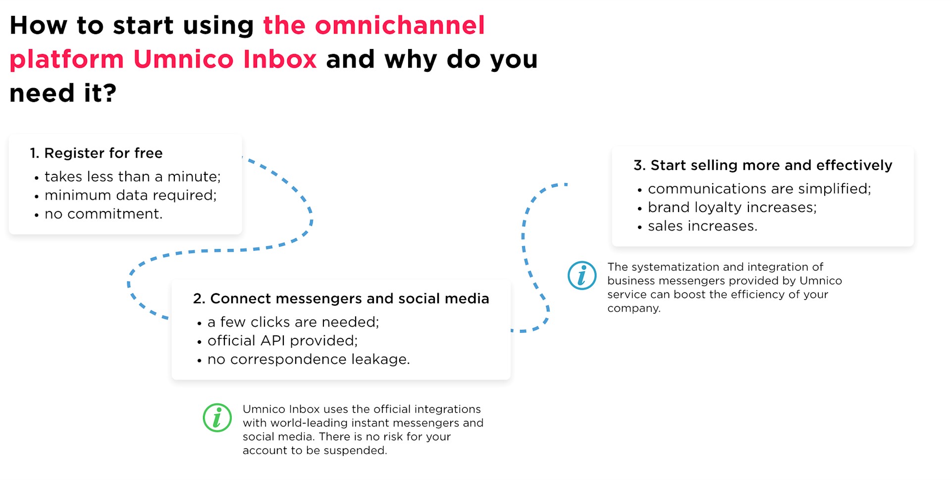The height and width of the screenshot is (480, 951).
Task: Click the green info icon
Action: [217, 418]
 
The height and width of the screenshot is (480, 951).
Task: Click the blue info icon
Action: [582, 275]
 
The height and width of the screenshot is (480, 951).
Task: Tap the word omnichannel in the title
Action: [400, 25]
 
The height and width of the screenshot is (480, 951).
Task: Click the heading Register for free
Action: [96, 153]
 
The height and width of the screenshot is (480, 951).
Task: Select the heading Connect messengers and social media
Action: [341, 299]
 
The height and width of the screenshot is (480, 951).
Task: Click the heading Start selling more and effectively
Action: [763, 165]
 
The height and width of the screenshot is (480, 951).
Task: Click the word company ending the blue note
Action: [634, 309]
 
